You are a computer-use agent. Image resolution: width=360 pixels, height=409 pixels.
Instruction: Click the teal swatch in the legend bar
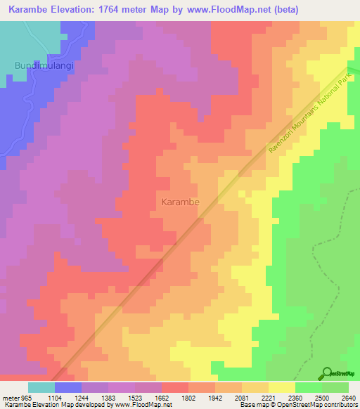click(x=41, y=387)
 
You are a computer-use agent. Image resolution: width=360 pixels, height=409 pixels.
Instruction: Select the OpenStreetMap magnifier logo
click(x=327, y=373)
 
